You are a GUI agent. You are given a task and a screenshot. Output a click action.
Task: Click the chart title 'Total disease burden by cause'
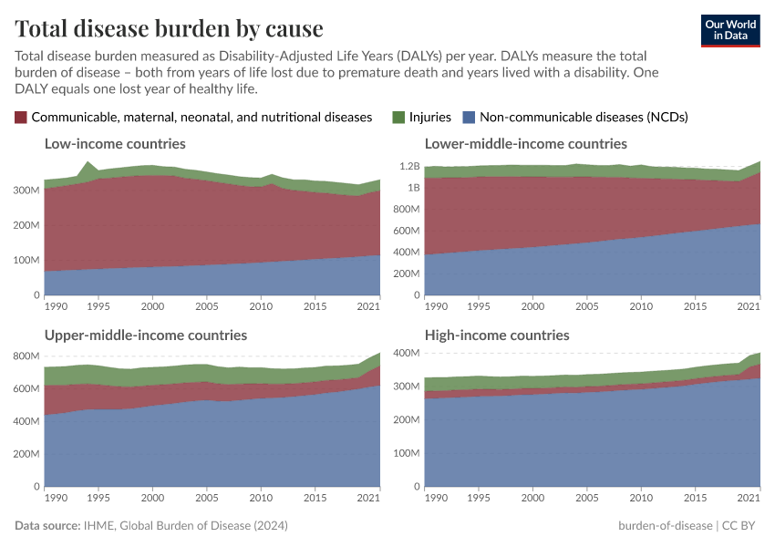click(x=169, y=28)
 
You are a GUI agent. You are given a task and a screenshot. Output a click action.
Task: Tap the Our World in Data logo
click(x=730, y=29)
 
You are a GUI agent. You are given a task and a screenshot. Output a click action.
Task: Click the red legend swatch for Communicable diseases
click(x=21, y=117)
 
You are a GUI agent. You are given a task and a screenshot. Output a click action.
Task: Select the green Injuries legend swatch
click(x=398, y=117)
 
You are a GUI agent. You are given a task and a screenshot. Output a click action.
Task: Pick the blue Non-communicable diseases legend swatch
click(x=469, y=117)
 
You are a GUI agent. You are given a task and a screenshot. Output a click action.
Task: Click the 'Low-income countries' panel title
click(x=115, y=143)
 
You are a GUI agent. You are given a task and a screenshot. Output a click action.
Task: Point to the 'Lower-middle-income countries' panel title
click(x=527, y=143)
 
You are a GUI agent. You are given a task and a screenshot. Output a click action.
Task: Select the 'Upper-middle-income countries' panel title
click(x=146, y=335)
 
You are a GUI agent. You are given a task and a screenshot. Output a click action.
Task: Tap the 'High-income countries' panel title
click(x=498, y=335)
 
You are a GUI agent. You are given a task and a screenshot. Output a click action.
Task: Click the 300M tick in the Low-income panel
click(x=28, y=190)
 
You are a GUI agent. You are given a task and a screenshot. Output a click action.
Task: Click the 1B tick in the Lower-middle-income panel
click(x=413, y=188)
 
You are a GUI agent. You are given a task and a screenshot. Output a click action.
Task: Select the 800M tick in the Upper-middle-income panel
click(x=28, y=356)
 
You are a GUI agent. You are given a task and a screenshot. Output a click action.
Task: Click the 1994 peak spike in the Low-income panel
click(x=88, y=163)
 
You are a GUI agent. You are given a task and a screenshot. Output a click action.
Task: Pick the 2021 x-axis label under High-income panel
click(x=749, y=499)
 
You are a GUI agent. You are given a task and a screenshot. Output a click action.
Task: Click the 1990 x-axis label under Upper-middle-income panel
click(x=56, y=499)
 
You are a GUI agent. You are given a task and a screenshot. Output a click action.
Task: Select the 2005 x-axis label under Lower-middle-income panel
click(x=585, y=307)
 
